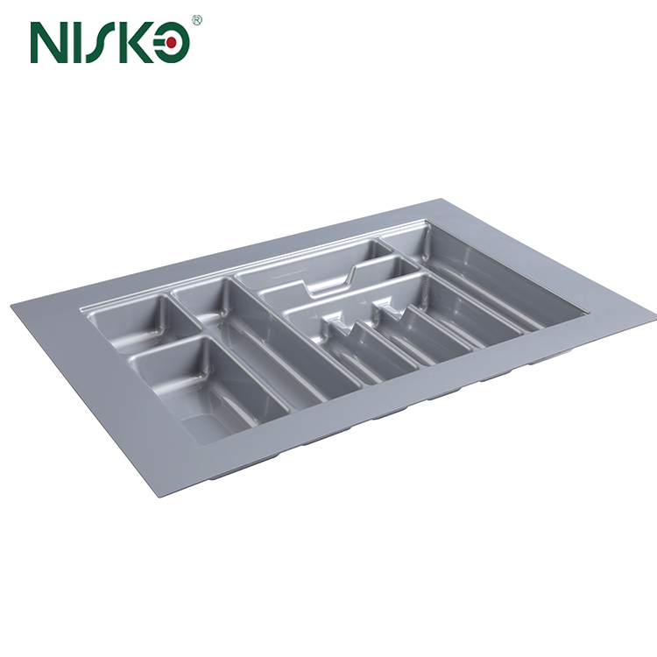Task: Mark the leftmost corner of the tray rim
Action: (12, 305)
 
